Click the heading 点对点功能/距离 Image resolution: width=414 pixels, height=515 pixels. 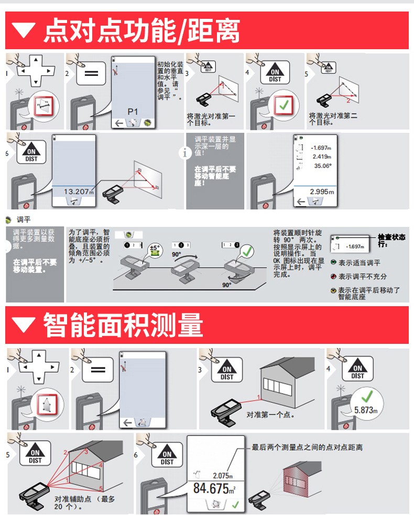click(x=141, y=31)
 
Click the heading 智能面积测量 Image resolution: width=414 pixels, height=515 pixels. click(x=123, y=325)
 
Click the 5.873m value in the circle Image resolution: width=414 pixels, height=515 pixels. click(x=365, y=410)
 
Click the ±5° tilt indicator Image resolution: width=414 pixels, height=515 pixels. click(x=156, y=248)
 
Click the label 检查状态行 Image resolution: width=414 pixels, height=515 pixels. click(x=391, y=240)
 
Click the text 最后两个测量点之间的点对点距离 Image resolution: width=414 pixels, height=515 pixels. click(x=307, y=447)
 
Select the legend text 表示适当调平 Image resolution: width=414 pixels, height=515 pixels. click(x=359, y=263)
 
